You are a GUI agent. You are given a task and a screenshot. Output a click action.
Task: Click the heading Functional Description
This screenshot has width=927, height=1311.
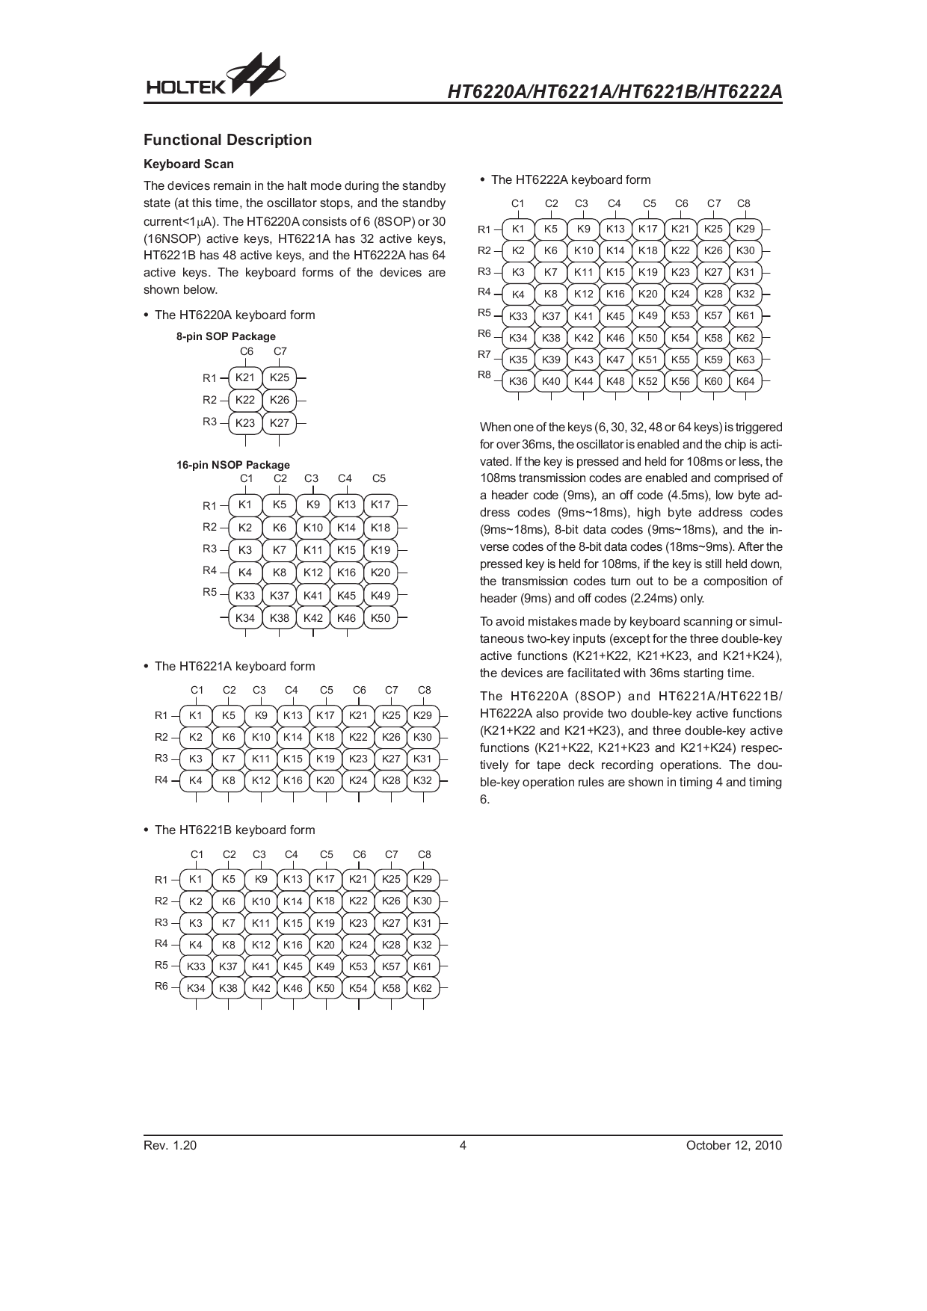pos(227,140)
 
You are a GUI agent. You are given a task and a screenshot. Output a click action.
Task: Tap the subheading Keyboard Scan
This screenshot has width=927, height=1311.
pos(188,164)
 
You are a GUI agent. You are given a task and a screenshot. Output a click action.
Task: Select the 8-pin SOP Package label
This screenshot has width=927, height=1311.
pos(226,336)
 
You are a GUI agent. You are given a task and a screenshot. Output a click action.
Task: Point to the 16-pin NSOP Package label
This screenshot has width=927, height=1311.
pos(232,464)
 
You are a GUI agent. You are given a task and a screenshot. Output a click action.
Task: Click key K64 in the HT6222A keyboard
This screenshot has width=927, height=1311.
pos(745,381)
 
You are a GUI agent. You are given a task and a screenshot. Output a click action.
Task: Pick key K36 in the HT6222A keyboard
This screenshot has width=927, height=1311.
pos(518,381)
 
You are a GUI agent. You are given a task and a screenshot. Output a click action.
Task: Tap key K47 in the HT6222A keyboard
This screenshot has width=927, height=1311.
pos(615,360)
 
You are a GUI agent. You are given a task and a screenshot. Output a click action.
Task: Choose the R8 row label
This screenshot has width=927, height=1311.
pos(484,374)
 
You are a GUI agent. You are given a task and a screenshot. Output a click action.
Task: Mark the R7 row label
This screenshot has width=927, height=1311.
pos(484,354)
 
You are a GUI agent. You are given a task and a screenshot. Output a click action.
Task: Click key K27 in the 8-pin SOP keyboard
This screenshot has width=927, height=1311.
pos(279,423)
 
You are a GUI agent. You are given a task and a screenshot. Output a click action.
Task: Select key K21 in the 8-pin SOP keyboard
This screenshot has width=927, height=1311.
pos(245,377)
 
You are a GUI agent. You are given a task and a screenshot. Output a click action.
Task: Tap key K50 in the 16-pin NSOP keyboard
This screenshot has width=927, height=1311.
pos(381,618)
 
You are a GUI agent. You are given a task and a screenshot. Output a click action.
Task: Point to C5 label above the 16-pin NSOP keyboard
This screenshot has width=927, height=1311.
pos(379,478)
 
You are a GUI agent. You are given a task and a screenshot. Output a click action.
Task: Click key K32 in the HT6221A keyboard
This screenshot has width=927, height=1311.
pos(422,780)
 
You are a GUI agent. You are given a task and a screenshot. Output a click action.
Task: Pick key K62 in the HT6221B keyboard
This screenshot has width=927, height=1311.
pos(422,988)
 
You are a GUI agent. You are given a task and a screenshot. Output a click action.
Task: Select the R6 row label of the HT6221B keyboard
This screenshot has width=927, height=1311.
pos(161,986)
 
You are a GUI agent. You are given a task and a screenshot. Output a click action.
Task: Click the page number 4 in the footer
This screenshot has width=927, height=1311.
pos(463,1146)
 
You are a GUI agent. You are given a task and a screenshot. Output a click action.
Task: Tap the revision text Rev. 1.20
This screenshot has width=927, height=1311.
pos(170,1146)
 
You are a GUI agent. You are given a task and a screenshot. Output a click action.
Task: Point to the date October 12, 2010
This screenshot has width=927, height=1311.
pos(733,1146)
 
